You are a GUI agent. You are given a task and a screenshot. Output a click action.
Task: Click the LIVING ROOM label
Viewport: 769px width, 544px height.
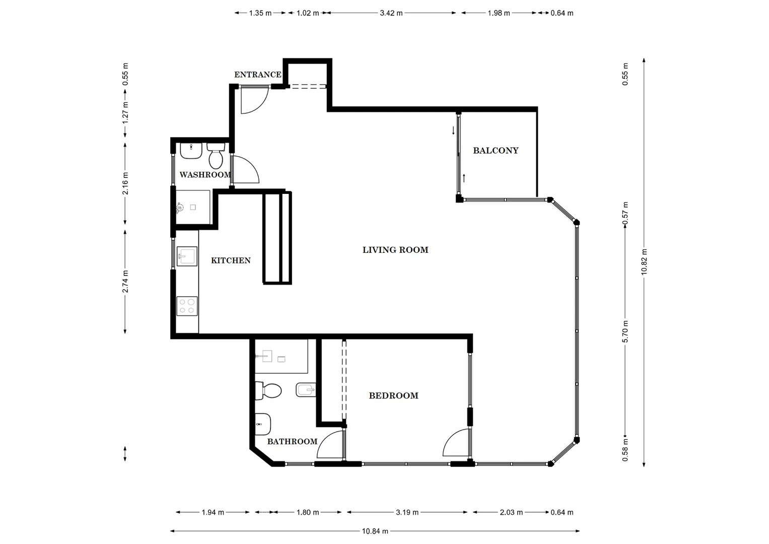[x=395, y=250]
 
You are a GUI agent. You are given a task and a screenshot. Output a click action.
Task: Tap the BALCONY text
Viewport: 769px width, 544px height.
[x=496, y=151]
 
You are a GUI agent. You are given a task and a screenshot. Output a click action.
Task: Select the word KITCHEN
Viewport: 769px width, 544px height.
[x=231, y=260]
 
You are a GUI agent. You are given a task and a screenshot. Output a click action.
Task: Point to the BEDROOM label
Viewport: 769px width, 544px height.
[x=393, y=396]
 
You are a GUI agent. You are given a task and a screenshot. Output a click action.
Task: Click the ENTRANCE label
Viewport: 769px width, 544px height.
[x=257, y=75]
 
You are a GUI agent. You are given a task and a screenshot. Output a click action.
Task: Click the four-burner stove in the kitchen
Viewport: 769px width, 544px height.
[x=187, y=306]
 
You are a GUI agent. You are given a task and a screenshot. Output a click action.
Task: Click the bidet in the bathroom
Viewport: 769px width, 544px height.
[x=306, y=389]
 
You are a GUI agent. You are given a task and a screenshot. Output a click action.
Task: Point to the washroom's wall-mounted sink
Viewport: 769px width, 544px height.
[x=191, y=150]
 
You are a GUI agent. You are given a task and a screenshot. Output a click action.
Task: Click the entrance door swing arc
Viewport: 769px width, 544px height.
[x=253, y=101]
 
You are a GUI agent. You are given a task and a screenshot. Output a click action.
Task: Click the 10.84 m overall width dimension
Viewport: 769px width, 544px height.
[x=375, y=531]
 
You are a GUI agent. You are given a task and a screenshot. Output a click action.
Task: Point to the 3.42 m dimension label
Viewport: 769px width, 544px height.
[x=391, y=13]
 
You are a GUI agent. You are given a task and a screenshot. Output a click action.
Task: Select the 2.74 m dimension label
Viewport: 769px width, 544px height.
[x=125, y=281]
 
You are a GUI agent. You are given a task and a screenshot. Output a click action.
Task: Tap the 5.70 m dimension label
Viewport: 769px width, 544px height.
[x=625, y=331]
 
